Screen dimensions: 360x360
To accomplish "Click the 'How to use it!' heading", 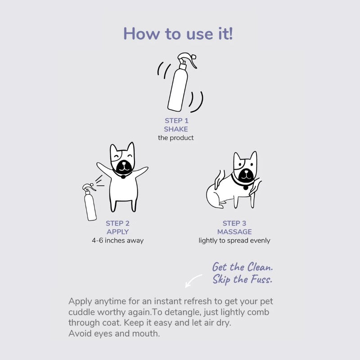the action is [x=178, y=34].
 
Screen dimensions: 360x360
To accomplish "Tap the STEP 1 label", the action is [x=176, y=121].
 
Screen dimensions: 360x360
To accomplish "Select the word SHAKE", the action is [x=176, y=129].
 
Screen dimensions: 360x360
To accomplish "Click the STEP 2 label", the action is [x=117, y=223].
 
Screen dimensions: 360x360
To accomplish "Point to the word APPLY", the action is [x=117, y=232].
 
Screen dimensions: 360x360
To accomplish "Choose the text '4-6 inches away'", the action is [x=117, y=240].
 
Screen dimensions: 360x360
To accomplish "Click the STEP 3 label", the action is [x=234, y=223].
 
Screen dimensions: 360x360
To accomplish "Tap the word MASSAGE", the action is [x=234, y=232].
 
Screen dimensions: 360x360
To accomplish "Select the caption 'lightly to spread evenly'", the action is [x=234, y=241].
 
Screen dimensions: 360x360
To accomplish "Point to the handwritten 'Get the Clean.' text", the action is [x=243, y=267].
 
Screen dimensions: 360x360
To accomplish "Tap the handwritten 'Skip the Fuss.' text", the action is [x=242, y=279].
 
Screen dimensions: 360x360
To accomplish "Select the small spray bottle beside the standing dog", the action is [x=89, y=202].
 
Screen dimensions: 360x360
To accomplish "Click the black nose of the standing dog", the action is [x=124, y=164].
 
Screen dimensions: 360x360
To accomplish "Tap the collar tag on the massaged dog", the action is [x=246, y=188].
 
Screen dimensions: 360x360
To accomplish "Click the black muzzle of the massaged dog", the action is [x=246, y=175].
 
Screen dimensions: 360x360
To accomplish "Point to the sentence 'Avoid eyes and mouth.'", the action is [x=114, y=333].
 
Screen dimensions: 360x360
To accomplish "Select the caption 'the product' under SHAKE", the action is [x=176, y=138].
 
